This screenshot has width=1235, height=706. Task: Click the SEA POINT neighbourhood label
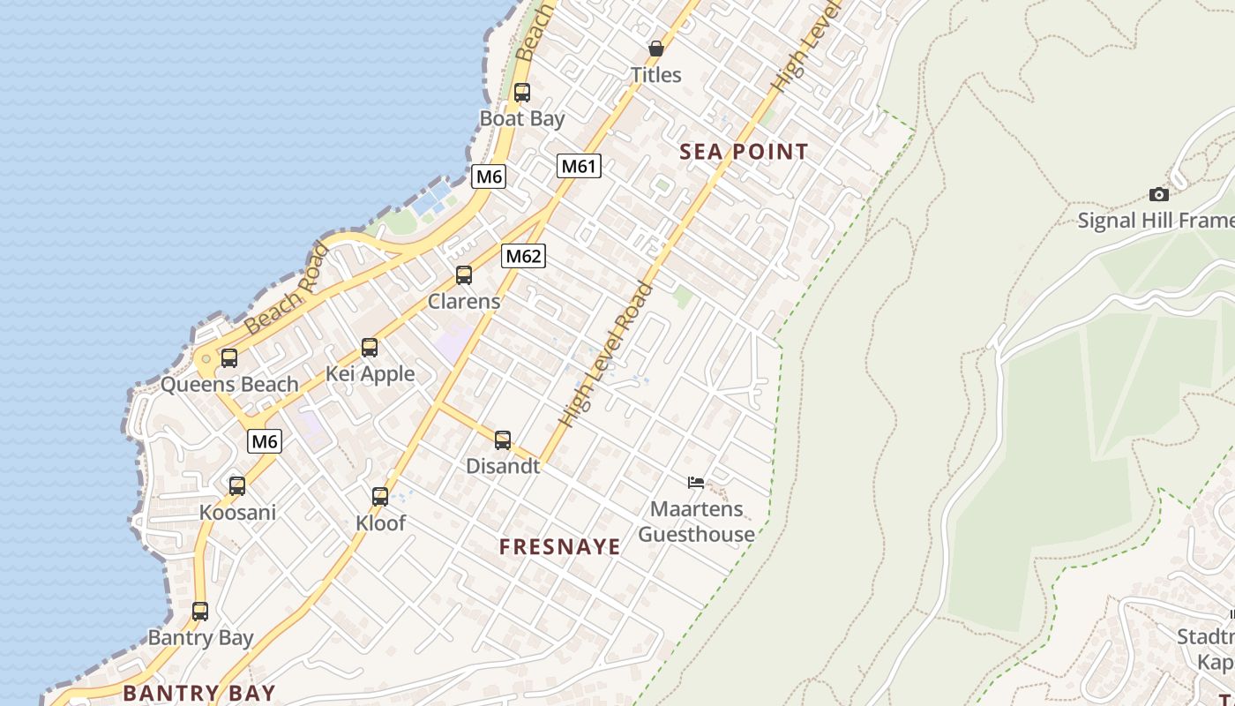pyautogui.click(x=744, y=152)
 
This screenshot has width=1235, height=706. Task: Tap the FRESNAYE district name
pyautogui.click(x=559, y=547)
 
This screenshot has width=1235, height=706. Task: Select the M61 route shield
pyautogui.click(x=579, y=166)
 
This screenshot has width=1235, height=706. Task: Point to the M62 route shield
pyautogui.click(x=523, y=257)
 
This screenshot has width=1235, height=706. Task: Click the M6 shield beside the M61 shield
pyautogui.click(x=489, y=176)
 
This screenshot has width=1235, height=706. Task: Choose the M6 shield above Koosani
pyautogui.click(x=264, y=441)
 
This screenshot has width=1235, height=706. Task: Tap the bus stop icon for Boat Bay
pyautogui.click(x=522, y=93)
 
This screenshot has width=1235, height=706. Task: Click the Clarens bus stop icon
pyautogui.click(x=464, y=275)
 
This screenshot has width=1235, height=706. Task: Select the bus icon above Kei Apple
pyautogui.click(x=370, y=348)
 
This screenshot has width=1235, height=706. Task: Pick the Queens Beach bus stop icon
pyautogui.click(x=229, y=358)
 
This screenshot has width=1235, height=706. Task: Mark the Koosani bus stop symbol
pyautogui.click(x=237, y=486)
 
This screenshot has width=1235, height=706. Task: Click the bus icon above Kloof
pyautogui.click(x=380, y=497)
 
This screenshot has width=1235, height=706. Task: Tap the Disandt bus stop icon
pyautogui.click(x=503, y=440)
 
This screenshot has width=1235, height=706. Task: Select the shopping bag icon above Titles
pyautogui.click(x=655, y=49)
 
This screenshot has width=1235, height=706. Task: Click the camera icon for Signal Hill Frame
pyautogui.click(x=1159, y=194)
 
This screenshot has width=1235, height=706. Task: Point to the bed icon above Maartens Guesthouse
pyautogui.click(x=696, y=482)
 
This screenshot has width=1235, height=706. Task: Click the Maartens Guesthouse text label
pyautogui.click(x=696, y=522)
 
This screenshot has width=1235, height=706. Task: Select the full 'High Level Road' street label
pyautogui.click(x=608, y=354)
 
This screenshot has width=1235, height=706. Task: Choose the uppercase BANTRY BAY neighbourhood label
pyautogui.click(x=199, y=693)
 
